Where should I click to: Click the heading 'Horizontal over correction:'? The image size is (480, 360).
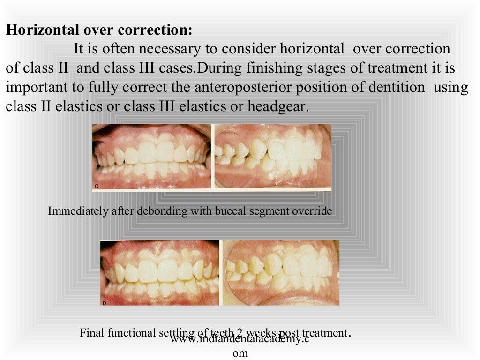coord(99,30)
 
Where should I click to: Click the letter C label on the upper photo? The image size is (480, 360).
coord(97,186)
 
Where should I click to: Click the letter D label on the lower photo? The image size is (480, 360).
coord(104,303)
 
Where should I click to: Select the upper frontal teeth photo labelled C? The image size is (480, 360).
coord(152,157)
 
